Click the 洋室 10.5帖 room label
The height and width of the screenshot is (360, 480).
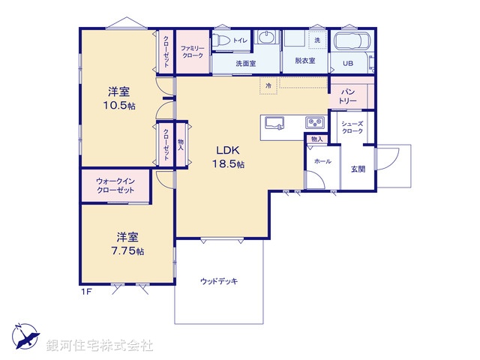pyautogui.click(x=118, y=98)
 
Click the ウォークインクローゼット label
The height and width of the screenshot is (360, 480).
pyautogui.click(x=115, y=186)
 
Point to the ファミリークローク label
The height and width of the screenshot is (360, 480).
pyautogui.click(x=191, y=50)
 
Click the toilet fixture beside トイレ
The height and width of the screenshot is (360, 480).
pyautogui.click(x=223, y=40)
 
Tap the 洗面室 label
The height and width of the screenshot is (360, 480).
pyautogui.click(x=245, y=64)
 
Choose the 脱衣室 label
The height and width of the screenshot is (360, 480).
pyautogui.click(x=304, y=61)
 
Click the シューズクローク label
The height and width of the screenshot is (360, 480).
pyautogui.click(x=352, y=127)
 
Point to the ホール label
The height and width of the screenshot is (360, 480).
pyautogui.click(x=322, y=161)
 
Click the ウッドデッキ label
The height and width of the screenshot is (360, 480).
pyautogui.click(x=218, y=281)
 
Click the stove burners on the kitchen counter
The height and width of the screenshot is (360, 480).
pyautogui.click(x=313, y=123)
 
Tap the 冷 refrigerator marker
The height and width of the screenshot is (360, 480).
pyautogui.click(x=268, y=86)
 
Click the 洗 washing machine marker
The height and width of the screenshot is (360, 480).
pyautogui.click(x=317, y=39)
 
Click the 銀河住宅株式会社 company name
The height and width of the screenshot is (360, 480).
pyautogui.click(x=100, y=346)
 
